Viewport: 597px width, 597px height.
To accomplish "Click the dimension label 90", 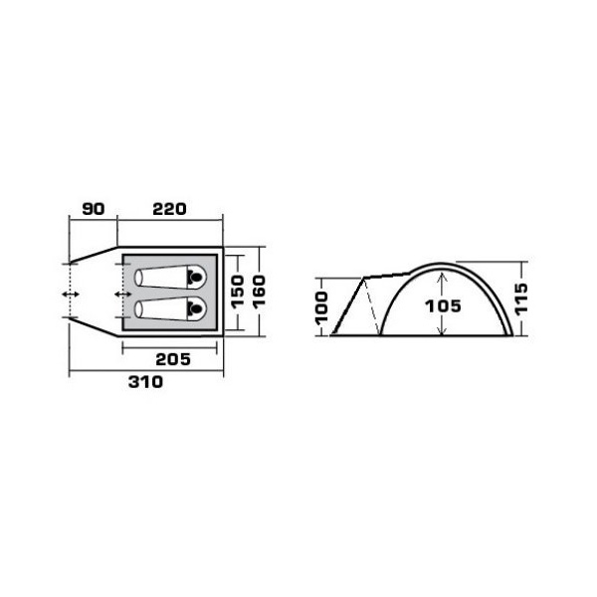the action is click(x=94, y=209).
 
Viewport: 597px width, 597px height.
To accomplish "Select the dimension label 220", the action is click(x=169, y=209).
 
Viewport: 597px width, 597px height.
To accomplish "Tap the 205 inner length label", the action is click(x=173, y=359).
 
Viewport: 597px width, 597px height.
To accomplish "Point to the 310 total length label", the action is click(x=145, y=382).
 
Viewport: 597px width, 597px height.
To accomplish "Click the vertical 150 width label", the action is click(x=237, y=292).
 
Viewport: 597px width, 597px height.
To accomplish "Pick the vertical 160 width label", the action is click(x=259, y=292).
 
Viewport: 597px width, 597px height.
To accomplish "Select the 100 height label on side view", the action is click(x=321, y=308).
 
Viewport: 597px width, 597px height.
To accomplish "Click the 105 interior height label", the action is click(x=443, y=306).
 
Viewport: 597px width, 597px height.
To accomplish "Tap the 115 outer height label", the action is click(x=521, y=298).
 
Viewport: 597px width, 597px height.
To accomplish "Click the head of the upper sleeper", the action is click(x=196, y=277).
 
